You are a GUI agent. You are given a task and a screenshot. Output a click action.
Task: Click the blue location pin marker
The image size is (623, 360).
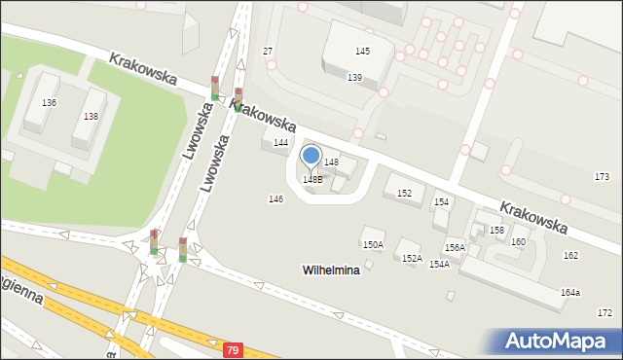coord(311,156)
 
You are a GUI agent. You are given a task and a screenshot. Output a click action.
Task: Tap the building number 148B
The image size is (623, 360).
coord(311,179)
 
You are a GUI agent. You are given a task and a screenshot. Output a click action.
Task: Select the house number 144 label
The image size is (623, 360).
coord(280,143)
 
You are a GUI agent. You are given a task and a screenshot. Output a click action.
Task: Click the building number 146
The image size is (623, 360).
coord(275,198)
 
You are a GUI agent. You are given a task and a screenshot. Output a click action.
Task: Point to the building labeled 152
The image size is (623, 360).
coord(404,194)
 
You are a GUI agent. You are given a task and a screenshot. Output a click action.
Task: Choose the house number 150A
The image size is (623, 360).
coord(373,245)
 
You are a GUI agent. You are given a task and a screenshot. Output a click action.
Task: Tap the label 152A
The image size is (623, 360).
coord(412,259)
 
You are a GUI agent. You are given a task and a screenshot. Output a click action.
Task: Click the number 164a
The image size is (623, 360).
coord(569,293)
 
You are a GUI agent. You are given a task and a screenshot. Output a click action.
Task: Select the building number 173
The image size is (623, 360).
coord(603,176)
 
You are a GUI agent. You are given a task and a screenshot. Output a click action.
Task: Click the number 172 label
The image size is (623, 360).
coord(605,312)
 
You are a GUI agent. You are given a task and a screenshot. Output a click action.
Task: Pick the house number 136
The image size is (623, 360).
coord(49,103)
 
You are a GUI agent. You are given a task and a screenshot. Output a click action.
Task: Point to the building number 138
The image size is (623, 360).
coord(91,117)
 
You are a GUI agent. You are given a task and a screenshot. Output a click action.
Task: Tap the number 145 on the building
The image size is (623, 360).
coord(362,51)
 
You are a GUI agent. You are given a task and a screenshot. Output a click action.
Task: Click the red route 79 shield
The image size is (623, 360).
coord(232,348)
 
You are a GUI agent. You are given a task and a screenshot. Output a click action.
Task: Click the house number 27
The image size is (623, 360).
coord(268,51)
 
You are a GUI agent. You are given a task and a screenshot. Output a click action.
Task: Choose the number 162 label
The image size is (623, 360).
coord(569,255)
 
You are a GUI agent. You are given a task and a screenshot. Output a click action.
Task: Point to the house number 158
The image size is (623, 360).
coord(496,231)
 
